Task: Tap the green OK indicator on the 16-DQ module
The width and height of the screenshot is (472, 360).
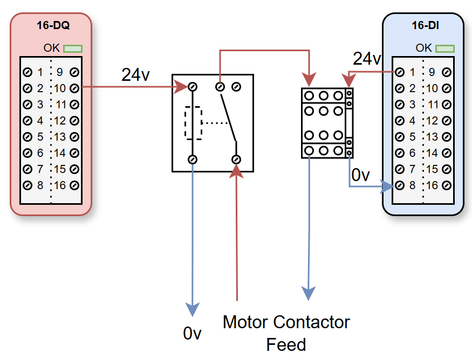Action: pos(73,49)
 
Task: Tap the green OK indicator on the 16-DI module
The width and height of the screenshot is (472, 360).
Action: pos(445,49)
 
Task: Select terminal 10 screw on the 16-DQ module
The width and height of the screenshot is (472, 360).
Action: pos(74,88)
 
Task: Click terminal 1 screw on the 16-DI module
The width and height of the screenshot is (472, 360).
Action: pos(400,72)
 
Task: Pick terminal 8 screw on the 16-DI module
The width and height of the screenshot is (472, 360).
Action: pos(400,185)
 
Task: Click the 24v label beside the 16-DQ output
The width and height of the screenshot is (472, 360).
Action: pos(135,75)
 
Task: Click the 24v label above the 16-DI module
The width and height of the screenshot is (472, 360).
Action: pos(367,58)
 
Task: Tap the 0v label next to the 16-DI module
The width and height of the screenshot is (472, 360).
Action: pos(360,175)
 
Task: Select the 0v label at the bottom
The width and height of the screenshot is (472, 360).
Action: pos(192,334)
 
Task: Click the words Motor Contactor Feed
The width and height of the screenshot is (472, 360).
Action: pos(286,333)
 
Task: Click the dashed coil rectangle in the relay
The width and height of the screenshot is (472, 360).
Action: pos(193,123)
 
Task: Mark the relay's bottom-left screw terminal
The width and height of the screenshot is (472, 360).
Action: pos(192,160)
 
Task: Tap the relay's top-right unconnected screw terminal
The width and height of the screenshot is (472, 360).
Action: pos(236,87)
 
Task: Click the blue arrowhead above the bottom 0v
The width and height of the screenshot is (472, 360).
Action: pos(192,309)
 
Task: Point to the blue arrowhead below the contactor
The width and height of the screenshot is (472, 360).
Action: pos(308,292)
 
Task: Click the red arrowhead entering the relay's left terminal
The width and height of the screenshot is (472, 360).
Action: pos(181,87)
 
